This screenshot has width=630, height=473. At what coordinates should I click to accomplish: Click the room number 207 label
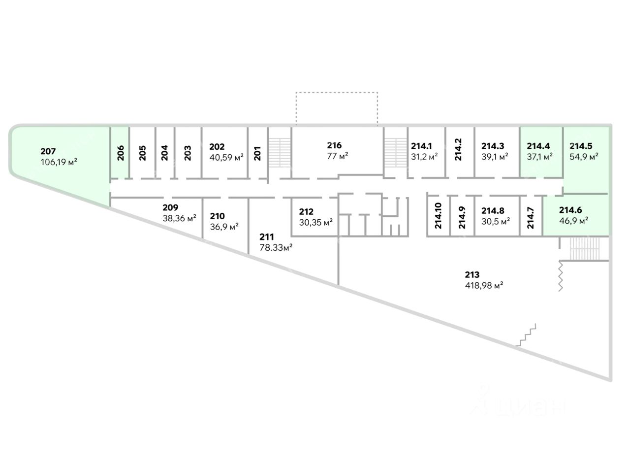click(x=48, y=151)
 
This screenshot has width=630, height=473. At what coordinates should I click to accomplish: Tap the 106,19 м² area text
click(x=59, y=162)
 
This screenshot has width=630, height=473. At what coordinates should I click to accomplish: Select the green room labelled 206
click(x=121, y=153)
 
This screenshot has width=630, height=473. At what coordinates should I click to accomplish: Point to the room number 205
click(x=143, y=153)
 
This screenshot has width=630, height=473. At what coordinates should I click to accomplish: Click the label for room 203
click(x=188, y=153)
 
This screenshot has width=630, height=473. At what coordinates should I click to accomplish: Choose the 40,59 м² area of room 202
click(x=226, y=157)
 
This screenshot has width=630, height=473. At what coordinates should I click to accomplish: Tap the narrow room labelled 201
click(x=257, y=153)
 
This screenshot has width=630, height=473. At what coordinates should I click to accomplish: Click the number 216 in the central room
click(x=334, y=145)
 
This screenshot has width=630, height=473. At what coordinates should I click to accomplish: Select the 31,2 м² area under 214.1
click(x=424, y=157)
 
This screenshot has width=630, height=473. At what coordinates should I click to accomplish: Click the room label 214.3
click(x=493, y=146)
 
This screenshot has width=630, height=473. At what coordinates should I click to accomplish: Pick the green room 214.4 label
click(x=538, y=146)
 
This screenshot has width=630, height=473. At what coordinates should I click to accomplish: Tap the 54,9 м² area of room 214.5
click(x=584, y=157)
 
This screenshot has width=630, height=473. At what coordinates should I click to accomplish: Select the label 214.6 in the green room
click(x=570, y=210)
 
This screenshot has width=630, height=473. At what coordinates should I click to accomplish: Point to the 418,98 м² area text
click(x=483, y=285)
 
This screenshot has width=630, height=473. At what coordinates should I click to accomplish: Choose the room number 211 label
click(x=267, y=237)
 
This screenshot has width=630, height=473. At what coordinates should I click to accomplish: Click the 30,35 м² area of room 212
click(x=316, y=222)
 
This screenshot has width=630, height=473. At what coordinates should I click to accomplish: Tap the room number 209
click(x=170, y=207)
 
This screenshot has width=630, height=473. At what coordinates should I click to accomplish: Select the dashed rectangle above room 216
click(x=337, y=108)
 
